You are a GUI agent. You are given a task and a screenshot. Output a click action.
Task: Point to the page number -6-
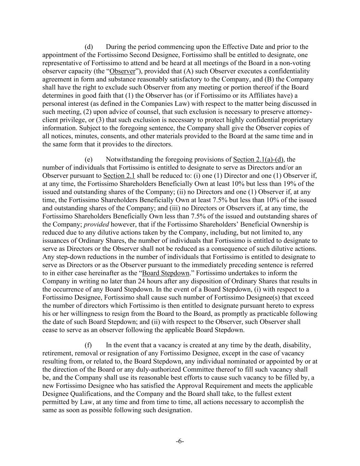tap(180, 441)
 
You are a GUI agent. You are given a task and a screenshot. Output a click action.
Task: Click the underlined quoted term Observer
tap(122, 71)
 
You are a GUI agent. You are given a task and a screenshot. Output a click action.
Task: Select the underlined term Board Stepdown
tap(165, 273)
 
